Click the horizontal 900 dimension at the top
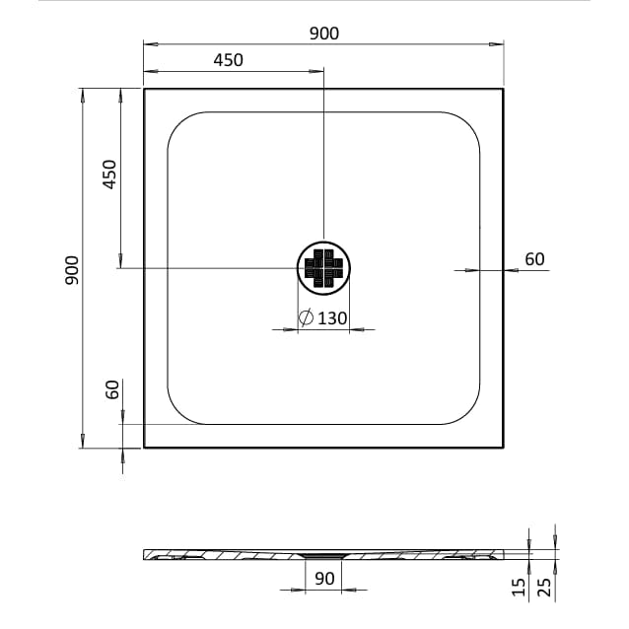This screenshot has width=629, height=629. click(x=323, y=34)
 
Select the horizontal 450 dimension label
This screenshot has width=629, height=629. click(x=227, y=60)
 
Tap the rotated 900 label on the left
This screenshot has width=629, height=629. click(x=71, y=269)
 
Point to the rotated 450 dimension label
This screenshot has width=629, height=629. click(x=109, y=175)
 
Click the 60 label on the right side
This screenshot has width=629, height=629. click(x=534, y=259)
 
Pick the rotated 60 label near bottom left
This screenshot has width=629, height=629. click(x=112, y=389)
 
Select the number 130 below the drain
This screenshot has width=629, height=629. click(x=332, y=317)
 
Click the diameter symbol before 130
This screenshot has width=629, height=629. click(x=306, y=317)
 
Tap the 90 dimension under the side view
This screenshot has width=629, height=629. click(x=324, y=579)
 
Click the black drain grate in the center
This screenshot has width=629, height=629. click(x=323, y=269)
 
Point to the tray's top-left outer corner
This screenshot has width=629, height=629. click(x=145, y=89)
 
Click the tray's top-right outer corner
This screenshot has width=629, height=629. click(x=503, y=89)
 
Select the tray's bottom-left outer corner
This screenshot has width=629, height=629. click(x=145, y=447)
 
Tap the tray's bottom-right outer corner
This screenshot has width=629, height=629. click(x=503, y=447)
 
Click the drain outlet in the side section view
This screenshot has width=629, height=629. click(x=323, y=556)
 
